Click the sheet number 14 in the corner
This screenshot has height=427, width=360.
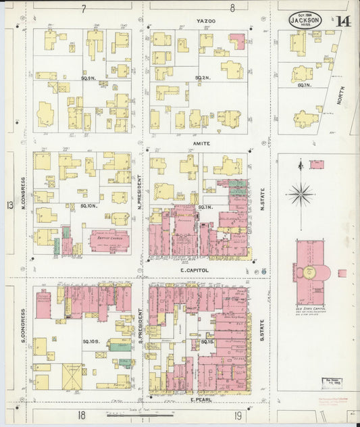point(343,20)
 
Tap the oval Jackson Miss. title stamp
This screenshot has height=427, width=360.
point(305,20)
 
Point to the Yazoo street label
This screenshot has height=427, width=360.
point(206,22)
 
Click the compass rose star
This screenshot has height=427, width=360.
point(301,194)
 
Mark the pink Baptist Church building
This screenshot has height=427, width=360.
point(109,241)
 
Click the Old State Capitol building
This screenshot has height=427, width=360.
point(311,272)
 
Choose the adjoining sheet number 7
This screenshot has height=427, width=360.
point(84,9)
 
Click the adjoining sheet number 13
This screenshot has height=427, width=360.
point(9,205)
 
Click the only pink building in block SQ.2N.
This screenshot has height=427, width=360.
point(237,41)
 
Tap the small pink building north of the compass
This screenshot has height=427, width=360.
point(316,164)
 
